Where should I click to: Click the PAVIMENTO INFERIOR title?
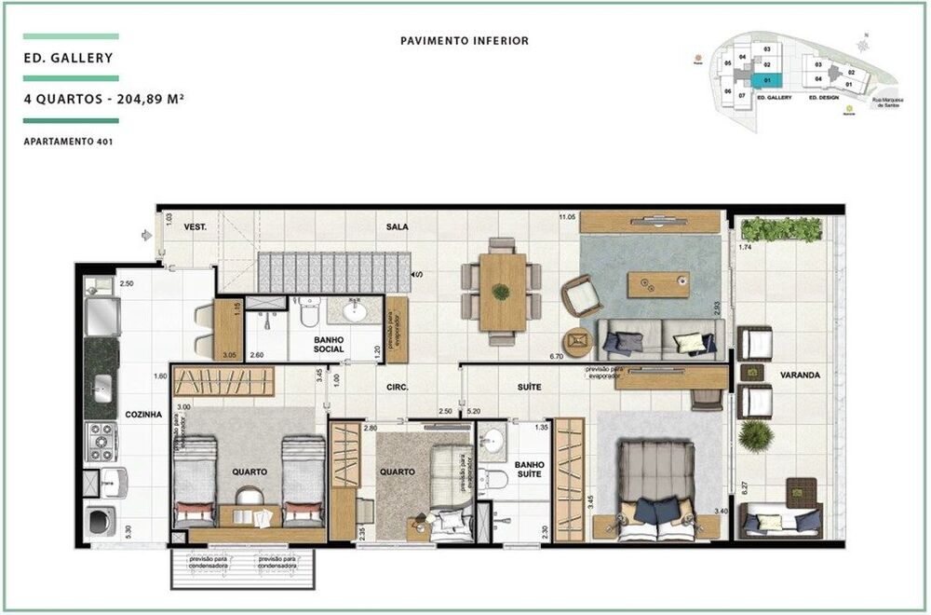(465, 41)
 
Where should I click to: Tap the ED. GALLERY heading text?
(69, 58)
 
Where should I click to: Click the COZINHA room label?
(143, 414)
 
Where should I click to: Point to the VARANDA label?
(800, 375)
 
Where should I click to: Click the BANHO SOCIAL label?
(329, 344)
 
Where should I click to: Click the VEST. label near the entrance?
(195, 226)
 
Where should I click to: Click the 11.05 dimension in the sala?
(566, 217)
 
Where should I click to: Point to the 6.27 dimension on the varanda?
(742, 485)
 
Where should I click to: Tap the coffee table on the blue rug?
(658, 284)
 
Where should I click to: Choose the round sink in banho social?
(355, 310)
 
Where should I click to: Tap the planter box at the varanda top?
(781, 229)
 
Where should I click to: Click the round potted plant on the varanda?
(754, 435)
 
